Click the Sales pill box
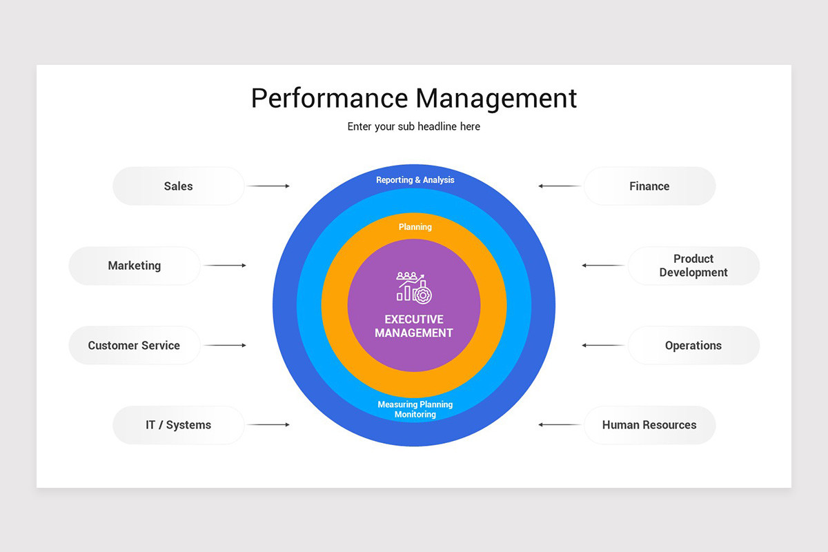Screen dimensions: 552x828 178,186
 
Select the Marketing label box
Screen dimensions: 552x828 135,266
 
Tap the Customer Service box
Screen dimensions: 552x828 135,346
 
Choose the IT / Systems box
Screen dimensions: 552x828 178,425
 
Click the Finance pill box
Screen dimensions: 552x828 649,186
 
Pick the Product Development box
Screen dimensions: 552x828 693,266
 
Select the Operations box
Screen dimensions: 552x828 693,346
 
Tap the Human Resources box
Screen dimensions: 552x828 649,425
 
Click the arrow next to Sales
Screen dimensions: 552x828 268,186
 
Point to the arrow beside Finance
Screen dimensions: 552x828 560,186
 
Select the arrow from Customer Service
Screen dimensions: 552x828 225,345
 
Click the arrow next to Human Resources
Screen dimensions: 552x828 560,425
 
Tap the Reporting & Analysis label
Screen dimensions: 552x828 415,180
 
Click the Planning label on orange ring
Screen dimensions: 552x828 415,227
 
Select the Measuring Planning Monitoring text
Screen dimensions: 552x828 415,409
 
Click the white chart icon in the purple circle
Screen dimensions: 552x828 414,286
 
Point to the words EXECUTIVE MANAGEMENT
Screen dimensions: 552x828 414,326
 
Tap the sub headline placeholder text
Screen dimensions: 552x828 414,127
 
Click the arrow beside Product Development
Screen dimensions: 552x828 603,266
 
